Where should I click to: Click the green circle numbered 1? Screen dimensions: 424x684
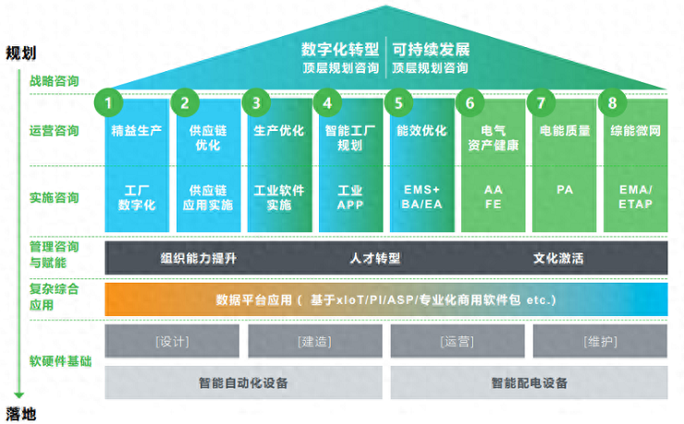(111, 103)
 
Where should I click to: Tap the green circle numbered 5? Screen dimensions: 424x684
(398, 103)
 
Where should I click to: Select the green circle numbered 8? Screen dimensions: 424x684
(609, 103)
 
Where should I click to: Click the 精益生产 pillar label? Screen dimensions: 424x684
(136, 130)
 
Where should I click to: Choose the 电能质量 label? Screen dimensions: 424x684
(564, 130)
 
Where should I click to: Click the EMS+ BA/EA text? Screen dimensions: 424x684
(421, 197)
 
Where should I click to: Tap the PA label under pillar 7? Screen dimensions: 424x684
(565, 190)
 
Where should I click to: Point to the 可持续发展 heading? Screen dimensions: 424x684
(431, 48)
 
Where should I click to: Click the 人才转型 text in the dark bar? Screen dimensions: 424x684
(374, 259)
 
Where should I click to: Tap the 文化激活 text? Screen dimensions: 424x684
(558, 259)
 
